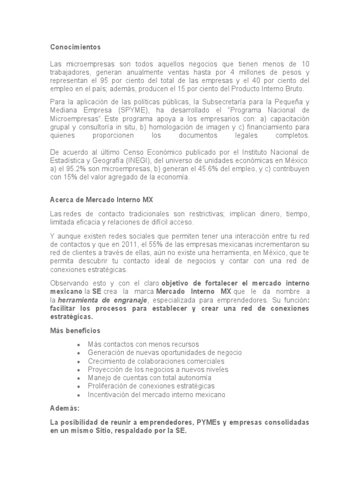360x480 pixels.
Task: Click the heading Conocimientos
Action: [x=75, y=47]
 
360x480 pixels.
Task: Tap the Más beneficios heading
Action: [x=75, y=331]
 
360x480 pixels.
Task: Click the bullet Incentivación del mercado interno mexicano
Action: [x=157, y=395]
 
